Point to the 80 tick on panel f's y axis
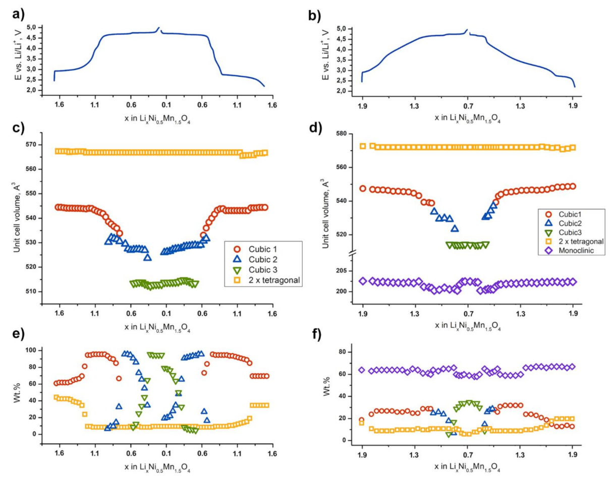pos(347,351)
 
